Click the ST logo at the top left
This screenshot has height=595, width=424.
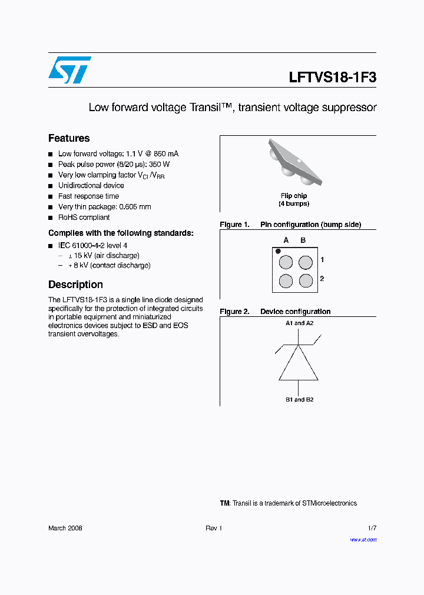coord(69,70)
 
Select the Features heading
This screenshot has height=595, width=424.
coord(69,138)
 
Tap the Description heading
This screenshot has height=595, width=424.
coord(75,285)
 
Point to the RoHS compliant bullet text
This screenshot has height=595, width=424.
coord(84,218)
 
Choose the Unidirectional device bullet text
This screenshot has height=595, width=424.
coord(91,186)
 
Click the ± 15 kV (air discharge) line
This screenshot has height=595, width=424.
coord(103,256)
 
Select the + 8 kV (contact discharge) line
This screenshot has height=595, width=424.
coord(109,265)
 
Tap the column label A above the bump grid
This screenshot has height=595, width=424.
coord(286,240)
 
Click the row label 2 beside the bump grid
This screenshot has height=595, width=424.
coord(322,279)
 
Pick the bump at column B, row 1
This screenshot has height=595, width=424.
coord(306,262)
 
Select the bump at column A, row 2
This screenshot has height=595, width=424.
coord(286,280)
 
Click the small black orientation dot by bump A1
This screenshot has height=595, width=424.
coord(278,251)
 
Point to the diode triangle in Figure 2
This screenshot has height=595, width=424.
coord(299,365)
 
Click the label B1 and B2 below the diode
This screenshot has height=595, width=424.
coord(299,400)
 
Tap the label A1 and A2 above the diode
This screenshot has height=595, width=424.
coord(299,323)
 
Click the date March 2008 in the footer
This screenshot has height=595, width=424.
coord(65,528)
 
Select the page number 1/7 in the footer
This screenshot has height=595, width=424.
coord(372,528)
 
